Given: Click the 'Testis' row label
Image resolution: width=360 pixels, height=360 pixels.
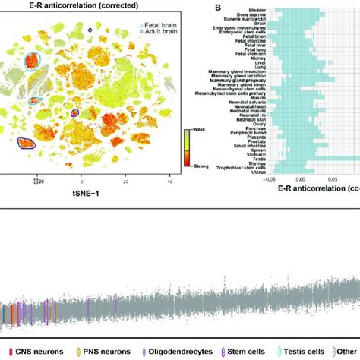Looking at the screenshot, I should pyautogui.click(x=241, y=154).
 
